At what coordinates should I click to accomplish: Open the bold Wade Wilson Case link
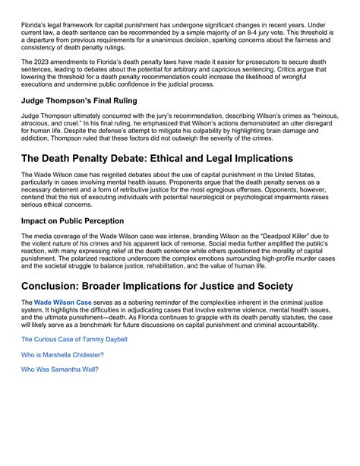coord(64,302)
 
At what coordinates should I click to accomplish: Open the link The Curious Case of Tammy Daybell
coord(74,339)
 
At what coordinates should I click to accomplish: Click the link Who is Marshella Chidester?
coord(62,354)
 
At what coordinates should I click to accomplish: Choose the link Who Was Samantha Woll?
coord(59,369)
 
